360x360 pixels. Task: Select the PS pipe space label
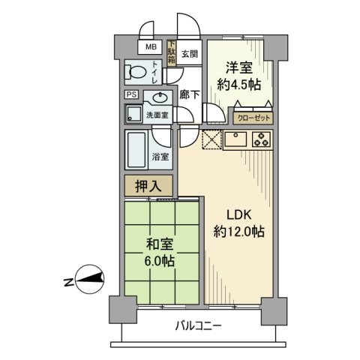pos(131,95)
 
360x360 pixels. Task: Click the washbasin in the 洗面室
pos(159,97)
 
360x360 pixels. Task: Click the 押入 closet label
pos(148,185)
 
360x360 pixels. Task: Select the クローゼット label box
pos(253,118)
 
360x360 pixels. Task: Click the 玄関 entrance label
pos(189,54)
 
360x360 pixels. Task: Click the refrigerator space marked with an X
pos(211,139)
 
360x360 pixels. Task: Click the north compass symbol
pos(89,281)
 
